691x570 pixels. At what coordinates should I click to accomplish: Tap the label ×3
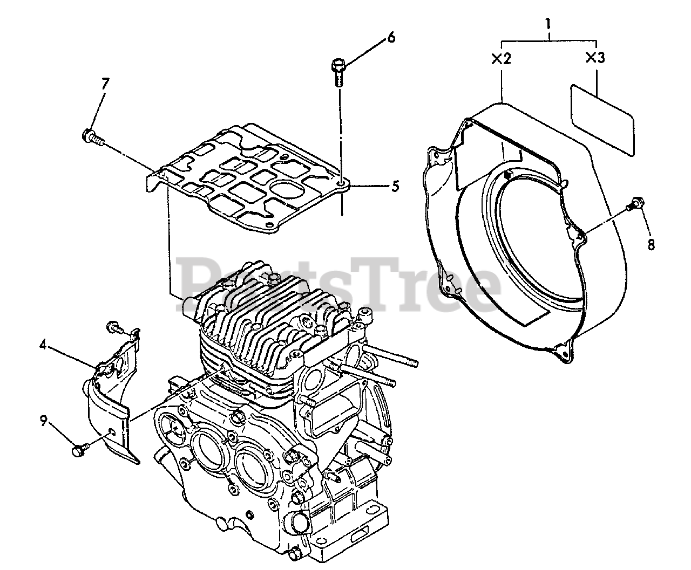595,58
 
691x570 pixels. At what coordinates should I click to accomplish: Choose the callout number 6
391,37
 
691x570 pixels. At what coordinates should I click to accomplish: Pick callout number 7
105,84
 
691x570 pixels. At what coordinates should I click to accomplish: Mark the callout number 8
651,244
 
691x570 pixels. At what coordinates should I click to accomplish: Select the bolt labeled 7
93,137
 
